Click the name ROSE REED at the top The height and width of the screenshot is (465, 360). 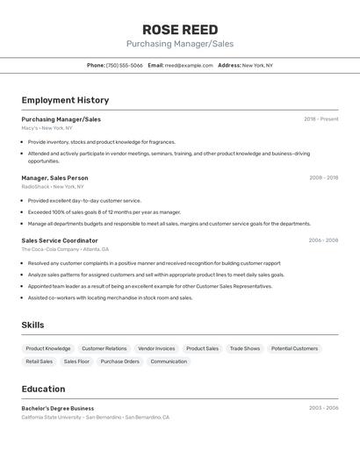(180, 30)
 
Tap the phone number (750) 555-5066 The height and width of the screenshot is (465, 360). (124, 65)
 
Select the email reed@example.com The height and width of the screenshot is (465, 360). (189, 65)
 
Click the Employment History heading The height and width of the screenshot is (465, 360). (65, 100)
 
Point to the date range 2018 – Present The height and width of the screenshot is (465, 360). (321, 119)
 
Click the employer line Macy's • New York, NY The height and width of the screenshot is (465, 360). (47, 128)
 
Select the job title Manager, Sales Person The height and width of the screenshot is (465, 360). (54, 178)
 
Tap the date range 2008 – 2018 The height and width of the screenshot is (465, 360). (323, 178)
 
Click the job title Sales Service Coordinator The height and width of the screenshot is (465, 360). (60, 240)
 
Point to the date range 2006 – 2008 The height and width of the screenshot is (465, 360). (323, 240)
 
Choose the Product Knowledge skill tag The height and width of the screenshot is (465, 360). (48, 348)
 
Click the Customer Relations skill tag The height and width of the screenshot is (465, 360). (104, 348)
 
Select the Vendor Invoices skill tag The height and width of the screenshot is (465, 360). (156, 348)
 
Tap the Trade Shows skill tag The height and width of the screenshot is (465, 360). (245, 348)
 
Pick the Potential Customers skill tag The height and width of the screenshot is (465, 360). (294, 348)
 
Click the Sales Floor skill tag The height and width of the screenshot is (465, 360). (76, 361)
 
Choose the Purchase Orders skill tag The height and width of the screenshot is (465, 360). (119, 361)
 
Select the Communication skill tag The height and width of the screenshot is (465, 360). (169, 361)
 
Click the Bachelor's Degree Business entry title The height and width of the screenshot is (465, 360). (58, 408)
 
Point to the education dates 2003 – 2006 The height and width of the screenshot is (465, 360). (323, 408)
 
